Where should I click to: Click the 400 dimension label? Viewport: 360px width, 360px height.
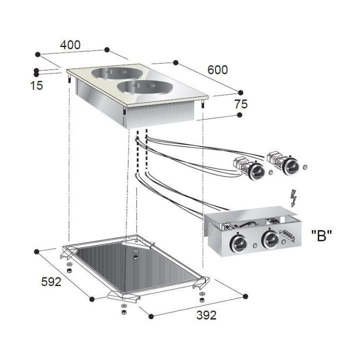(x=70, y=45)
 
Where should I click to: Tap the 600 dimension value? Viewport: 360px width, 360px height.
(x=217, y=70)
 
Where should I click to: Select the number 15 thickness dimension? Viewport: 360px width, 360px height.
(x=36, y=85)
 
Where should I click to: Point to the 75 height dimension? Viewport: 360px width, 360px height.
(x=241, y=104)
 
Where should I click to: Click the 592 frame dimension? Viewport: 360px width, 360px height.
(x=51, y=281)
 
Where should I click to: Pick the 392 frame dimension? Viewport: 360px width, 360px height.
(x=206, y=315)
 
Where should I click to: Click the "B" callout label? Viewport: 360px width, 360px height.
(x=321, y=236)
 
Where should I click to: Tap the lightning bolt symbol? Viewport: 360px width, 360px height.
(x=293, y=198)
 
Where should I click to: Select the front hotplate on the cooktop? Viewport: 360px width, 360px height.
(x=145, y=87)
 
